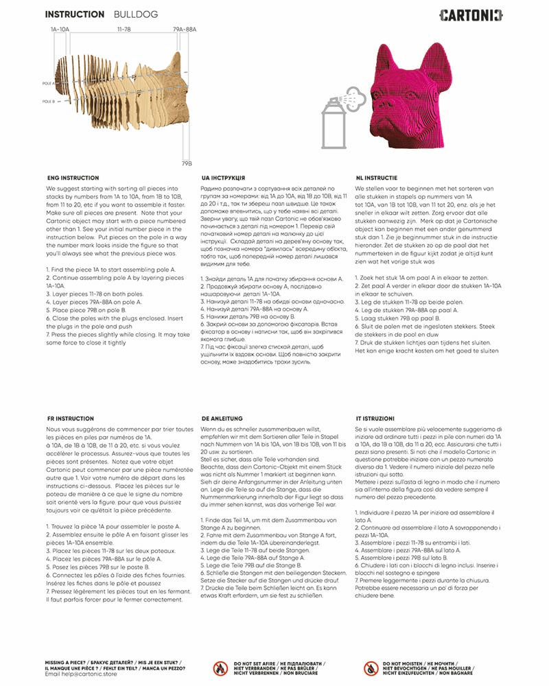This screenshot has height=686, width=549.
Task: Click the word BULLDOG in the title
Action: click(137, 14)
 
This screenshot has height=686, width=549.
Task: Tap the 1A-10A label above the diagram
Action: click(60, 29)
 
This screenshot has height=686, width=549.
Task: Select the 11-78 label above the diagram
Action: click(124, 29)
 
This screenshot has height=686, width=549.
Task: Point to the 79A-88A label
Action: click(185, 29)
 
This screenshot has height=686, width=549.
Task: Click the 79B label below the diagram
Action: click(187, 165)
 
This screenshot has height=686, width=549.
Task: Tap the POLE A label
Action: click(47, 83)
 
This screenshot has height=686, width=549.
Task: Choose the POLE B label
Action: click(47, 101)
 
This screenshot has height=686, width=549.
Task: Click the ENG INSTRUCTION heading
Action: click(73, 178)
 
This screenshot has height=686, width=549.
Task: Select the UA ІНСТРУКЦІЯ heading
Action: click(224, 178)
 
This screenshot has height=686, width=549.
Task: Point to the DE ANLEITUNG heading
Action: click(224, 418)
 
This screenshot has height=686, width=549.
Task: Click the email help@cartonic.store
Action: click(81, 674)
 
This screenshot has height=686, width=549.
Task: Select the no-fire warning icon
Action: click(220, 667)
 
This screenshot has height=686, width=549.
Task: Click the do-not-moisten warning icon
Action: click(371, 667)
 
